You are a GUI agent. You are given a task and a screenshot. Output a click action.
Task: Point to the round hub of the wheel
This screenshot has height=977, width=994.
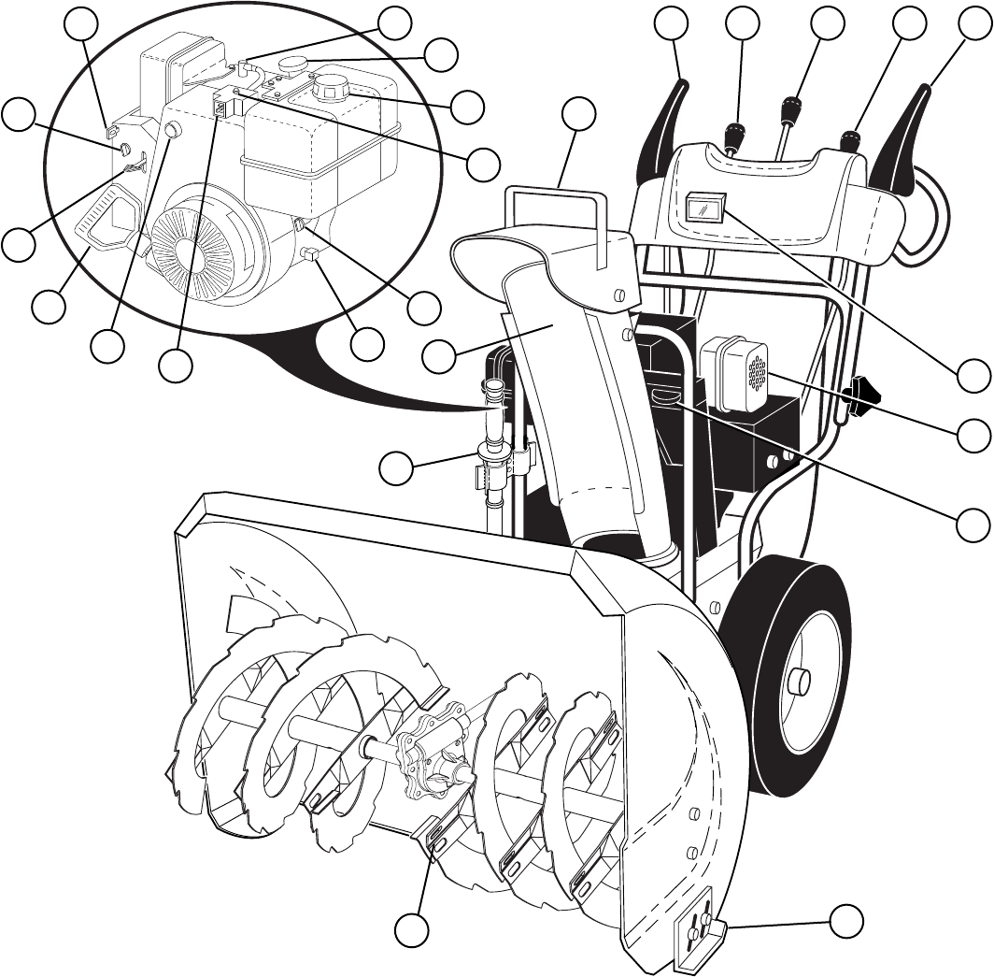tap(798, 681)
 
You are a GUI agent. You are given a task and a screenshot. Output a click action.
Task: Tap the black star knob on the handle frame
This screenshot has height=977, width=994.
tap(863, 395)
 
